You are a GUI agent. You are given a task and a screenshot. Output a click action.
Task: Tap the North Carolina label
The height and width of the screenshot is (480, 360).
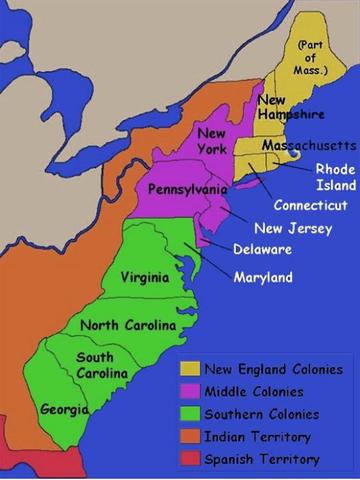(x=128, y=325)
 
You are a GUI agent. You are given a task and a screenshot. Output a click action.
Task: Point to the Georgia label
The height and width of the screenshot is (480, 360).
(x=64, y=409)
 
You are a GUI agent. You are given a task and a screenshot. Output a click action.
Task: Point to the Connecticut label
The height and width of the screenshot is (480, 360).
(x=311, y=205)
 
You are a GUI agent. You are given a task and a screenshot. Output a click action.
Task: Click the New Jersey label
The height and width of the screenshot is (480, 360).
(x=286, y=227)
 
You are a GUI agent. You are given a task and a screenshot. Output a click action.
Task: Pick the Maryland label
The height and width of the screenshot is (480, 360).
(x=263, y=276)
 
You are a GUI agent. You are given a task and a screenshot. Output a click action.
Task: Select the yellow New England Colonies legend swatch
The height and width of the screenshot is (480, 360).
(x=190, y=368)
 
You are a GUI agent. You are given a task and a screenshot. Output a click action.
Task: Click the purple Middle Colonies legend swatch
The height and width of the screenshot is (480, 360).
(x=190, y=391)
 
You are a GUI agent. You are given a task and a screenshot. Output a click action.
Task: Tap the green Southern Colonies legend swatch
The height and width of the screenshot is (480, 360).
(x=190, y=414)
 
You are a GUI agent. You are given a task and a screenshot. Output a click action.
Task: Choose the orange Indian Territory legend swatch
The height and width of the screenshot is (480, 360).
(x=190, y=437)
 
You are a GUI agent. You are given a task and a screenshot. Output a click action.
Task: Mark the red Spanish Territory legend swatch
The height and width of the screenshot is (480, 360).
(x=190, y=459)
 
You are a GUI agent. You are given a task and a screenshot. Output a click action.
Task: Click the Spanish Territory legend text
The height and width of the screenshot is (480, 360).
(x=262, y=459)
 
